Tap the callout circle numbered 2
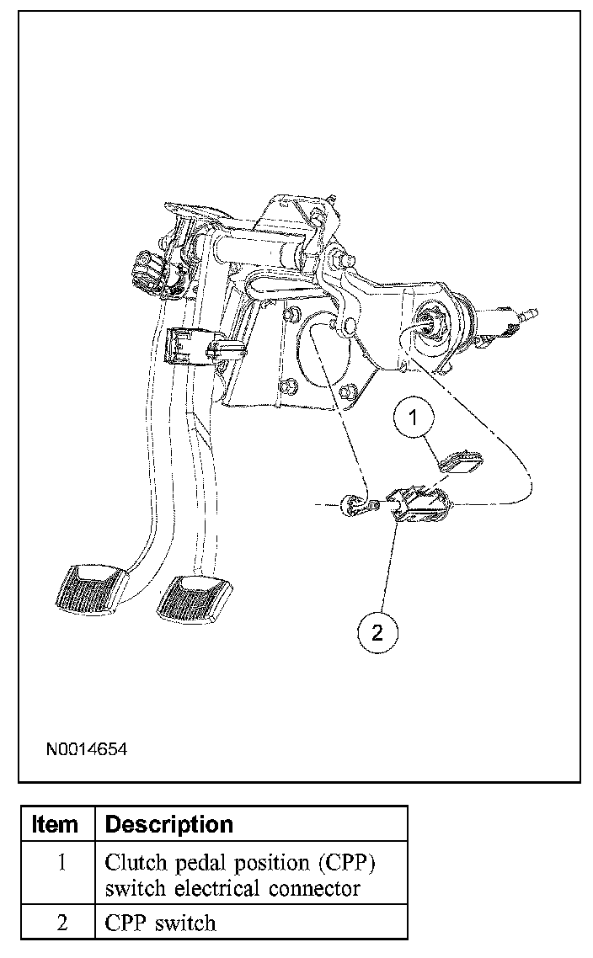pos(377,632)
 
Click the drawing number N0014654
pos(87,748)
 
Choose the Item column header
pos(56,824)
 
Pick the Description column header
pos(168,824)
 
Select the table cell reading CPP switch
pos(160,922)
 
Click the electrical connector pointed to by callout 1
pos(462,461)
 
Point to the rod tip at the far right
pos(529,316)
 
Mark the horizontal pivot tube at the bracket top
pos(256,250)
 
